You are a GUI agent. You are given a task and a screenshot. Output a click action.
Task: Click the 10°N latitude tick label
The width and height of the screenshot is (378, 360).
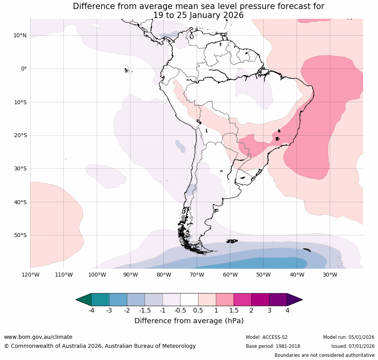click(x=20, y=36)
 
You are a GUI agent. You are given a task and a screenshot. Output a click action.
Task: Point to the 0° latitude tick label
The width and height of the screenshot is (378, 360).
click(x=24, y=69)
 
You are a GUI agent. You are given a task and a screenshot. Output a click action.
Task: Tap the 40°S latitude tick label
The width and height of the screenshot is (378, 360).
click(x=20, y=202)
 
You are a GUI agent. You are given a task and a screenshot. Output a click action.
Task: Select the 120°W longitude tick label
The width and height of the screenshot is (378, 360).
click(x=31, y=275)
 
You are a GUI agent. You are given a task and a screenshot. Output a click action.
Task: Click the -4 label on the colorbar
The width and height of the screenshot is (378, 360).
click(x=91, y=311)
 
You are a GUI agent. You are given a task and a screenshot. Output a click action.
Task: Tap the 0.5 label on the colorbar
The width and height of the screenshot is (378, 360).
click(x=198, y=311)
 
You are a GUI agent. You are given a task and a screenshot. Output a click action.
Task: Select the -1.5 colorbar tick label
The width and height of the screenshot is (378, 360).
click(x=145, y=311)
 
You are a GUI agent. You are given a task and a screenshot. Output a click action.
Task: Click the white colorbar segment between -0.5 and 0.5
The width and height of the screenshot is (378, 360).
click(x=189, y=300)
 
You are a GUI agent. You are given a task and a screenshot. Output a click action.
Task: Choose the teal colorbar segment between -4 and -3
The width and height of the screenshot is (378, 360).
click(x=100, y=300)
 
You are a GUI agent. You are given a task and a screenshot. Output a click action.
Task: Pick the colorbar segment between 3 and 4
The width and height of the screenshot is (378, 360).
click(x=278, y=300)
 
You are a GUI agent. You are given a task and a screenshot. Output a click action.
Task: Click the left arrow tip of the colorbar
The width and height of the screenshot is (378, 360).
click(x=77, y=300)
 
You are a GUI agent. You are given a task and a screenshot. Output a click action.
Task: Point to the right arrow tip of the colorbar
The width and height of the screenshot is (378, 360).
click(x=301, y=300)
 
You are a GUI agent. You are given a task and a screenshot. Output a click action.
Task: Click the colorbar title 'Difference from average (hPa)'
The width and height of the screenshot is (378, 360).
click(x=189, y=321)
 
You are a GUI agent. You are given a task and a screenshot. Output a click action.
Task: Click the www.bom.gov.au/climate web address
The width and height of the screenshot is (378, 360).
click(x=38, y=337)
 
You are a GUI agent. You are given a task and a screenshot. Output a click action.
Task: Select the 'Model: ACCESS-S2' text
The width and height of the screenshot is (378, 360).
click(x=266, y=337)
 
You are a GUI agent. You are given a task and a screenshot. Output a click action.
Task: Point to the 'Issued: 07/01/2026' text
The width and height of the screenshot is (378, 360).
click(x=353, y=346)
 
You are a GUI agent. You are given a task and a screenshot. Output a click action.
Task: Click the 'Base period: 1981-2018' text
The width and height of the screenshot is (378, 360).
click(x=273, y=346)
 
